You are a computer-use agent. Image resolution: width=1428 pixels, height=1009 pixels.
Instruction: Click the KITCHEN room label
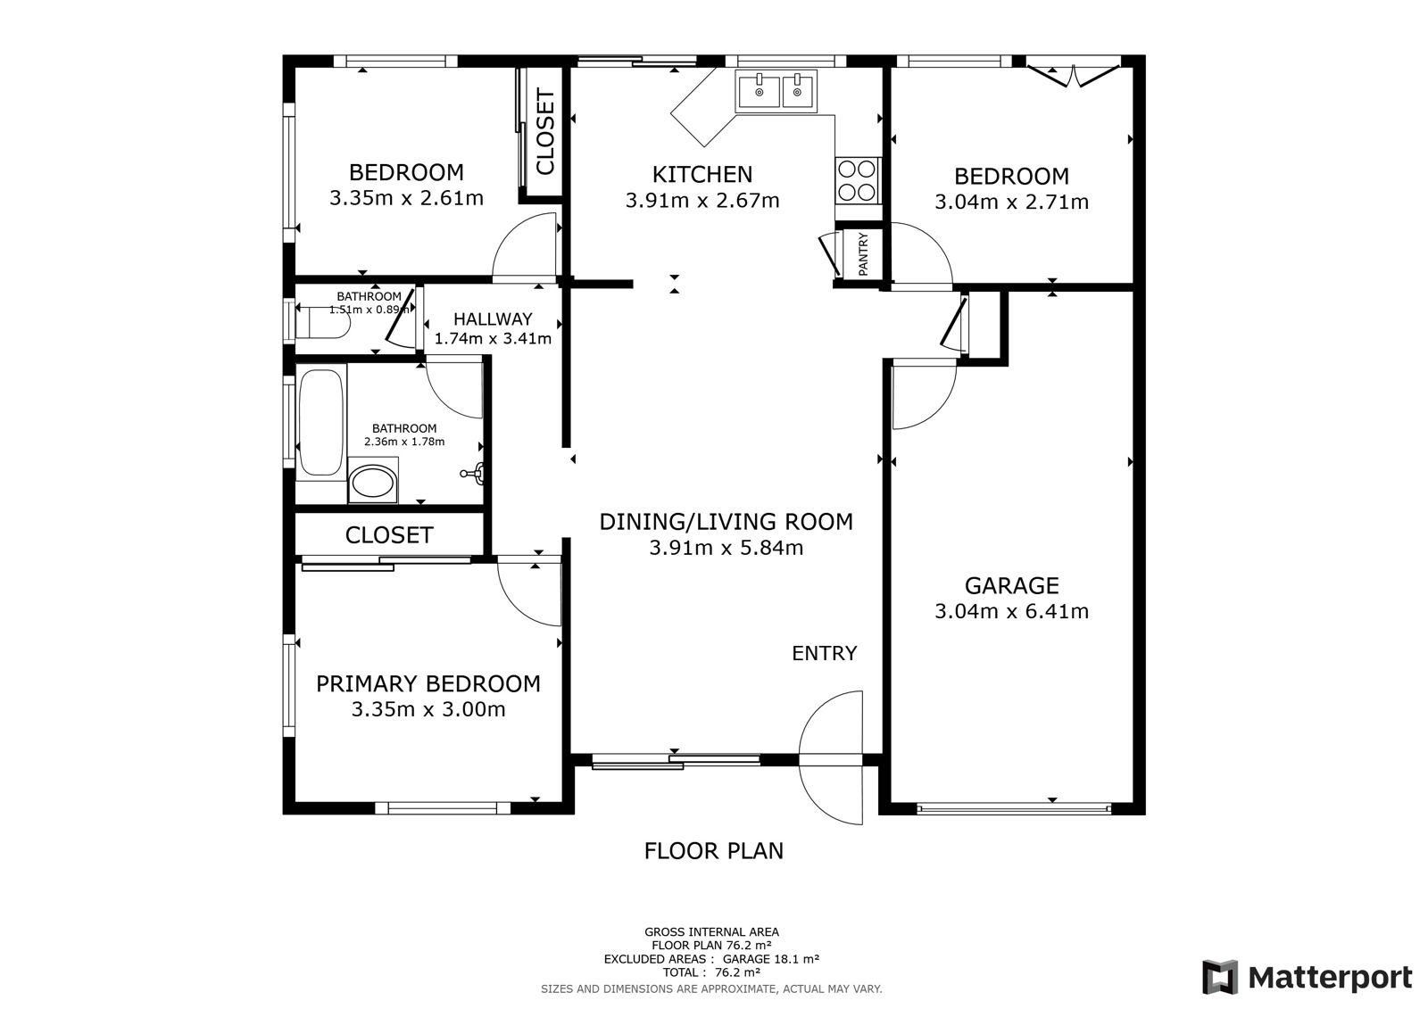(702, 174)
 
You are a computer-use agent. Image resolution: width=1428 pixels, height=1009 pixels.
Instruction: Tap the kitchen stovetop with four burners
(856, 180)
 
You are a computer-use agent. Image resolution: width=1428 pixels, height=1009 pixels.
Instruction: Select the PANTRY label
(863, 253)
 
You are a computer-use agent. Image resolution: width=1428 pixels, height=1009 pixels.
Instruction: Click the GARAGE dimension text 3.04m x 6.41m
(1012, 611)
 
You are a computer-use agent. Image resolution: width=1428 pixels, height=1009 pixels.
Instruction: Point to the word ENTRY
(825, 653)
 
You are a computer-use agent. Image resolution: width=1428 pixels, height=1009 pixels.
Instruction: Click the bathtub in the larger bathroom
(321, 422)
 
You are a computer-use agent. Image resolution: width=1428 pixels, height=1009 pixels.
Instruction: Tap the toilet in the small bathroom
(323, 323)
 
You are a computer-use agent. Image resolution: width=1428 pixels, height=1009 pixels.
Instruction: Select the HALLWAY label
(493, 318)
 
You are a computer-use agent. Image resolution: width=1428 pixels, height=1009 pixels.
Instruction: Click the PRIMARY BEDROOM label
(428, 684)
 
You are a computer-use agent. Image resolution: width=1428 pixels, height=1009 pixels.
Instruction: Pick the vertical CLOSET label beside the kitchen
(545, 131)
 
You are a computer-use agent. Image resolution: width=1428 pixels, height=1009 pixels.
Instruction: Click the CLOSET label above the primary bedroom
(389, 534)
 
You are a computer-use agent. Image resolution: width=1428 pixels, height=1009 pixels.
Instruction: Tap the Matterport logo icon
(1219, 977)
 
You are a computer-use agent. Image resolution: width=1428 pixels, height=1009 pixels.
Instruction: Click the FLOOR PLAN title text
(713, 851)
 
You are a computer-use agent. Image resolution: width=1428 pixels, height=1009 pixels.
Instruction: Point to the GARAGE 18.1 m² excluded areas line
(711, 959)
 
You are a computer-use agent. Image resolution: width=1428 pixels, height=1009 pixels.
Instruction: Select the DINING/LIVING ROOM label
(726, 521)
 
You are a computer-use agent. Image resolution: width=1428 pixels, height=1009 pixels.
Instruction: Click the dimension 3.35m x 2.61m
(406, 198)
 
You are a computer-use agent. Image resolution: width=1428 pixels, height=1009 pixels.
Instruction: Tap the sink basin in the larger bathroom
(373, 483)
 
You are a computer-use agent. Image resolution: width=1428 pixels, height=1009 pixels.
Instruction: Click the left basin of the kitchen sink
(760, 90)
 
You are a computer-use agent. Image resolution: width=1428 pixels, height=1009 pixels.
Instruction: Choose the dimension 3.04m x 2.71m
(1012, 202)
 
